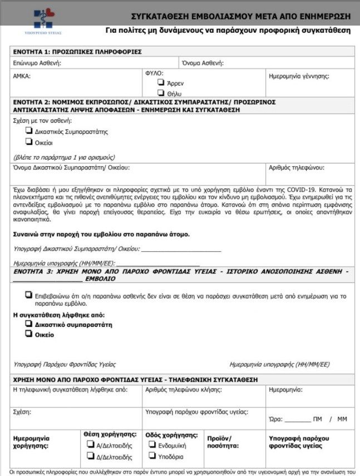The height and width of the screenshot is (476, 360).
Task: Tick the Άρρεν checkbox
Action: [161, 82]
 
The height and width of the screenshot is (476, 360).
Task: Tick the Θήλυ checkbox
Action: [161, 92]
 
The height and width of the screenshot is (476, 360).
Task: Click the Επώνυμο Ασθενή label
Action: [37, 63]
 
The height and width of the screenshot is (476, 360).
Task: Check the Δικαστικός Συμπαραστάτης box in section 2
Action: [28, 131]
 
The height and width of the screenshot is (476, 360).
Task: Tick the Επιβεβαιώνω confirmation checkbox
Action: [28, 295]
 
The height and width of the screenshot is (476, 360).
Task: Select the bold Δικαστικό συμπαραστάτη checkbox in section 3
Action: [28, 323]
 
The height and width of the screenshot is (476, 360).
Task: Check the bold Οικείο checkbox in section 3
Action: [28, 334]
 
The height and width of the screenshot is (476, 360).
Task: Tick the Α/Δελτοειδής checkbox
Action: [90, 444]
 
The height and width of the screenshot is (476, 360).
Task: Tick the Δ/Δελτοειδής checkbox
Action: [90, 457]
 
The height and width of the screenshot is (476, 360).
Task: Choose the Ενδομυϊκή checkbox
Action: [152, 444]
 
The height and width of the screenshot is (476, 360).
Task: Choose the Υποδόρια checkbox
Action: [152, 456]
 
